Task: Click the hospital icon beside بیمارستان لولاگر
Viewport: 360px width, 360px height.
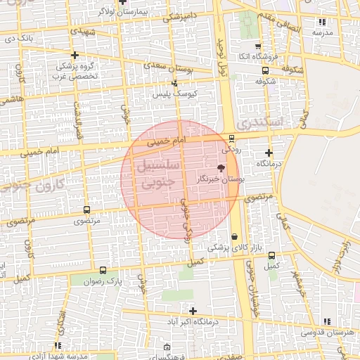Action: (x=122, y=2)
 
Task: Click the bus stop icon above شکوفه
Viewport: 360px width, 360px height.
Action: (x=264, y=70)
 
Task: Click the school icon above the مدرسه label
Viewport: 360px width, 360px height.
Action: (x=323, y=22)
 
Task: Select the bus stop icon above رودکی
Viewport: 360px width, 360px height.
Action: (x=232, y=139)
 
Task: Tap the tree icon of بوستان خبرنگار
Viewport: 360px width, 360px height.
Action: (x=221, y=168)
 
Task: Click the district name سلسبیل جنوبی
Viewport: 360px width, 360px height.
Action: (x=157, y=175)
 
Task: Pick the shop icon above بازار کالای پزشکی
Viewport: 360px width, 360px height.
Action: (x=234, y=237)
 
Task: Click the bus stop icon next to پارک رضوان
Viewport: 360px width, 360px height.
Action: (x=103, y=270)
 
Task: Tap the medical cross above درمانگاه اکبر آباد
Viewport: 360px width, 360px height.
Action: (x=193, y=310)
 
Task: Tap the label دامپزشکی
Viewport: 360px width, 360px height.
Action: (x=181, y=17)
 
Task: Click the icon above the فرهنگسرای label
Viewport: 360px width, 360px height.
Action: (x=167, y=347)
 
